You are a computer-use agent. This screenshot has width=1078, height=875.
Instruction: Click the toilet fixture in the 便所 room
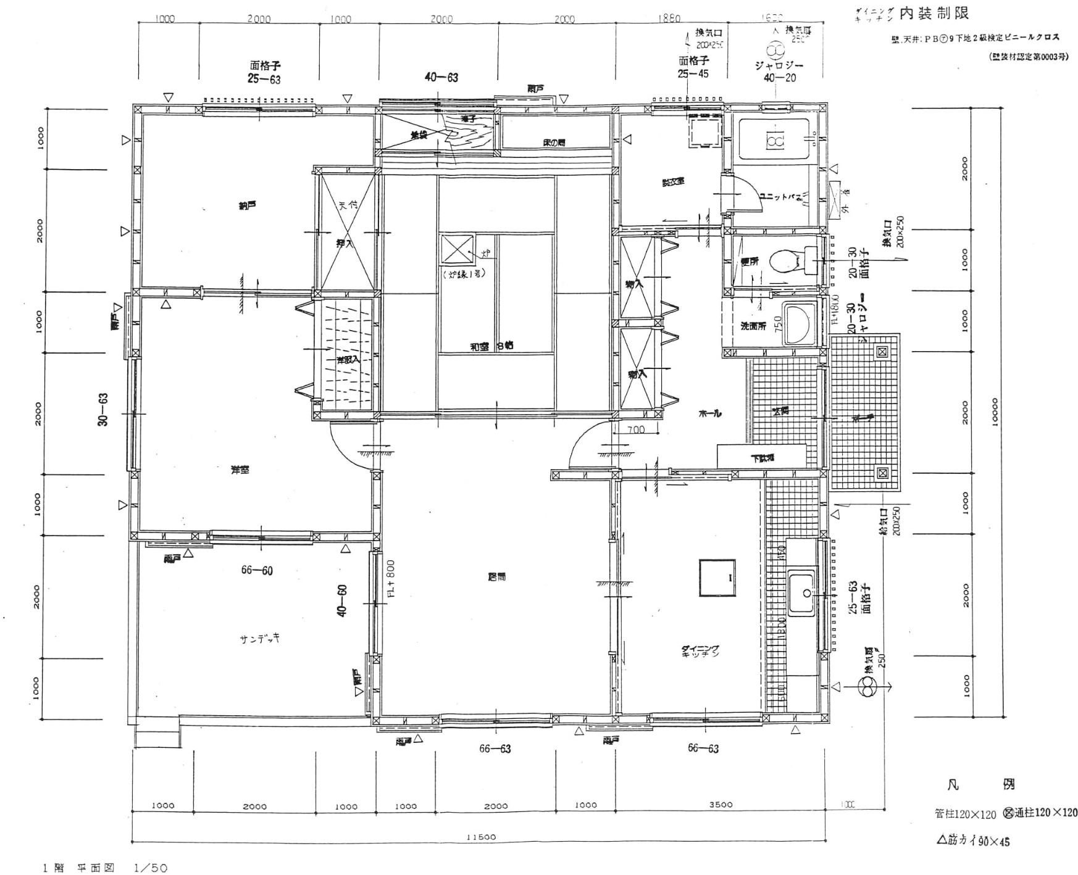pos(785,260)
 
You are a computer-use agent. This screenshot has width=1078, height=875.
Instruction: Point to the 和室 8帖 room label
pos(491,347)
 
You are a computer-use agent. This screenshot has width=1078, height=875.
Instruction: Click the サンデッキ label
pos(259,639)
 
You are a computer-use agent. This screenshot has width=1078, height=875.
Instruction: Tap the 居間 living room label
pos(497,577)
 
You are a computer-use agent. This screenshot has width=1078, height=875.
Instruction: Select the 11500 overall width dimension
pos(480,837)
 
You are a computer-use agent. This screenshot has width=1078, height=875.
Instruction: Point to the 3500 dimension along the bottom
pos(721,805)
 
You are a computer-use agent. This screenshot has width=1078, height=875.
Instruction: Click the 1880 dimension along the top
pos(669,19)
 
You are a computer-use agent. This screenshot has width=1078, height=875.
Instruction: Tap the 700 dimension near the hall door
pos(635,429)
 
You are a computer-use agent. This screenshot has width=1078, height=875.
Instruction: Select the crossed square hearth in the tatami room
pos(457,252)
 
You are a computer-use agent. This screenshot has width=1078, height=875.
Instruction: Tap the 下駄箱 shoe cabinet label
pos(762,458)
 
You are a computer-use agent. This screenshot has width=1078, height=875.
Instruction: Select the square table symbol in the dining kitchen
pos(717,578)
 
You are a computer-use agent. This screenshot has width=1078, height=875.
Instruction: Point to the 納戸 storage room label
pos(247,205)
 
